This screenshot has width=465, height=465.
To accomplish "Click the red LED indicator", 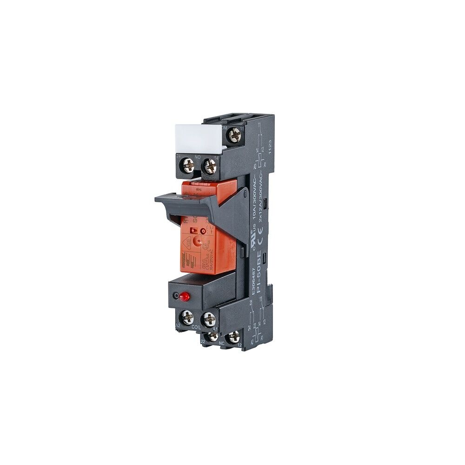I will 186,296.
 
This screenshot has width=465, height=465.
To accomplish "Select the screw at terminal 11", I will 234,136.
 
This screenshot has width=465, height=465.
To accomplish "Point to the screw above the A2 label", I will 187,319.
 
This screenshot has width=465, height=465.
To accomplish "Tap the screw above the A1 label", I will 209,319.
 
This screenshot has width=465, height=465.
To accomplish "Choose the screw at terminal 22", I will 212,336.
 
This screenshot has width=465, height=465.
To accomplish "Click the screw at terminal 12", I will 234,336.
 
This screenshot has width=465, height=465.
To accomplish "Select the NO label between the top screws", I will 199,158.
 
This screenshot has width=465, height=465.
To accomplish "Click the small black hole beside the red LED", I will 175,296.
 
